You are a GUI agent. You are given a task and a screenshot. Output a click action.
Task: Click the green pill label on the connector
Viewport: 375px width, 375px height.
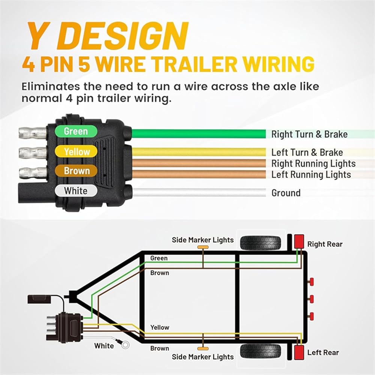click(76, 131)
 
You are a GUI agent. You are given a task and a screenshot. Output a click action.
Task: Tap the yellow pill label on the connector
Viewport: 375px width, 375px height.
click(76, 151)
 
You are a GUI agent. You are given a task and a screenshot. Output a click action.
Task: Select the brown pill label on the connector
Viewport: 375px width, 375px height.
click(76, 171)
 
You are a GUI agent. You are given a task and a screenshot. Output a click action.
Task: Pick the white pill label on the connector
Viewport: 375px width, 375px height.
click(76, 191)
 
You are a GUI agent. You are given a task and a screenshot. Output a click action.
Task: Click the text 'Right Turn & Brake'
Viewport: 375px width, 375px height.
click(309, 134)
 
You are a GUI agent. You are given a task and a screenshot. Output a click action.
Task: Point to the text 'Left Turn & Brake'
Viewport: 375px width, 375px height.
click(307, 152)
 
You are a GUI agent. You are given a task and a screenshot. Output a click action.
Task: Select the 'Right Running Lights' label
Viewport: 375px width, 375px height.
click(313, 164)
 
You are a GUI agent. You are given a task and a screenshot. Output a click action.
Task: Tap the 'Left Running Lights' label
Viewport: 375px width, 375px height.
click(311, 175)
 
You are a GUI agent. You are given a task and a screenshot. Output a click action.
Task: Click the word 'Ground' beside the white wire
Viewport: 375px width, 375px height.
click(286, 193)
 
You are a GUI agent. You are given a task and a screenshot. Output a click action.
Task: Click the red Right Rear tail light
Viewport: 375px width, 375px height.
click(299, 241)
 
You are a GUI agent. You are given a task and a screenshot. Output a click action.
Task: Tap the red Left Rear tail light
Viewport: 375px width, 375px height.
click(299, 352)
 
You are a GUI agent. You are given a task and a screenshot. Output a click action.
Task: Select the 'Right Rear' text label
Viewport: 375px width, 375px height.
click(325, 244)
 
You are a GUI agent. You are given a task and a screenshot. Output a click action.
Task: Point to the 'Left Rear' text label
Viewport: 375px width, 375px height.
click(323, 352)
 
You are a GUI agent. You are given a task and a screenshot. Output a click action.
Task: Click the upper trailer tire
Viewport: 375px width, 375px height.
click(261, 243)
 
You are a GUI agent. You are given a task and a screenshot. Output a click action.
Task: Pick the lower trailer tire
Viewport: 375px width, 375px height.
click(261, 351)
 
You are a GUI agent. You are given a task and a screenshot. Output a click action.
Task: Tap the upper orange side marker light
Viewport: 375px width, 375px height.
click(203, 247)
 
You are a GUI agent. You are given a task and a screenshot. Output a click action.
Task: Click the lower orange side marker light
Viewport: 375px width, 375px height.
click(203, 349)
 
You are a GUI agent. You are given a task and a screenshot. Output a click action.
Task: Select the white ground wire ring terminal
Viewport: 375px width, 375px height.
click(125, 345)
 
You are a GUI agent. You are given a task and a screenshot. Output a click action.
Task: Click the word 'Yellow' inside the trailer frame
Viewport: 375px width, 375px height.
click(160, 327)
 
